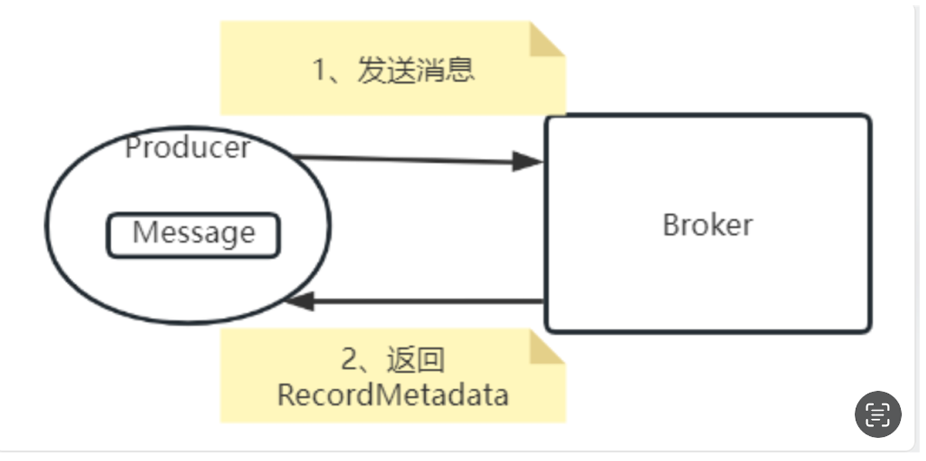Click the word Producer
(x=188, y=148)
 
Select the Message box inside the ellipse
(x=193, y=235)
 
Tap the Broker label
(x=708, y=225)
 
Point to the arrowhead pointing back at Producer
(x=300, y=300)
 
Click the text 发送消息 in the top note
(x=416, y=71)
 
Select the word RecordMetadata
(x=393, y=395)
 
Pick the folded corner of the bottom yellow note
(x=545, y=348)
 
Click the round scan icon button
(x=877, y=414)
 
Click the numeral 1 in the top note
(x=320, y=71)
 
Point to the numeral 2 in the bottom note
(x=349, y=360)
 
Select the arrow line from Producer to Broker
(x=407, y=160)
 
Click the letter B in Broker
(x=670, y=225)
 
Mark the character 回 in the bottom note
(x=430, y=360)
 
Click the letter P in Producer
(x=132, y=148)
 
